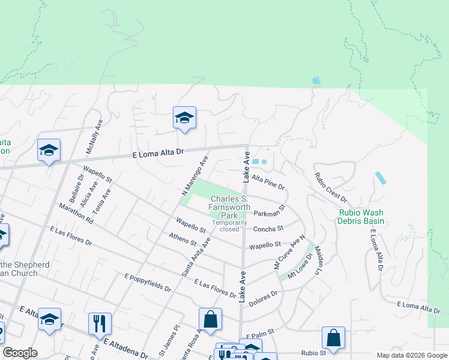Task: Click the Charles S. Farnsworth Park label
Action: point(229,207)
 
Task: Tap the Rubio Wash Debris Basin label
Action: point(360,216)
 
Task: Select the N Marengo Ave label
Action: point(194,176)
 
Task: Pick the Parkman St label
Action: point(268,214)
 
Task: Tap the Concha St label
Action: point(268,229)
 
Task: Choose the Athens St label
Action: point(182,241)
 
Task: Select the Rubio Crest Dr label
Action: point(331,187)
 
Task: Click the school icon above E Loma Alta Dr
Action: point(184,118)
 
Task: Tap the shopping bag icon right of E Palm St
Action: point(333,338)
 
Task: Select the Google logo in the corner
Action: point(19,353)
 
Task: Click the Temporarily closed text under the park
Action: point(229,226)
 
